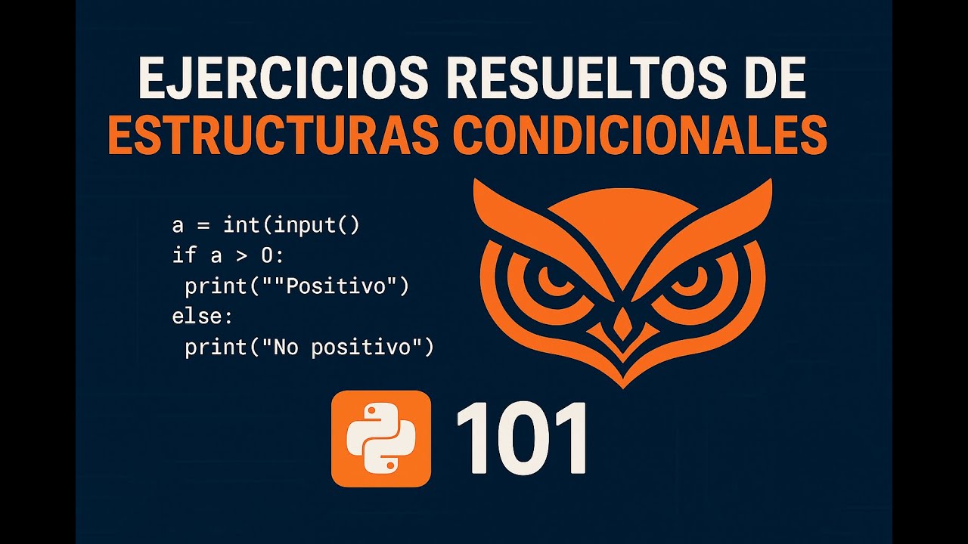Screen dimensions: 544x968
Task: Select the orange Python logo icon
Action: point(381,438)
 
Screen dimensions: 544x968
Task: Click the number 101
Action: point(521,438)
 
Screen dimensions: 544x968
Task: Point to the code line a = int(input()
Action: point(265,225)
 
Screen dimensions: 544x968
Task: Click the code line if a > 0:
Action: point(228,255)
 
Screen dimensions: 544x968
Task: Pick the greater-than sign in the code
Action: point(241,255)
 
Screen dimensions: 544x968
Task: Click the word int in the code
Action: point(240,225)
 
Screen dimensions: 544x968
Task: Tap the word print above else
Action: point(216,286)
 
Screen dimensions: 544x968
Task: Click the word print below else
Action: point(216,348)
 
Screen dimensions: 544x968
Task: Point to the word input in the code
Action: point(304,225)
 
